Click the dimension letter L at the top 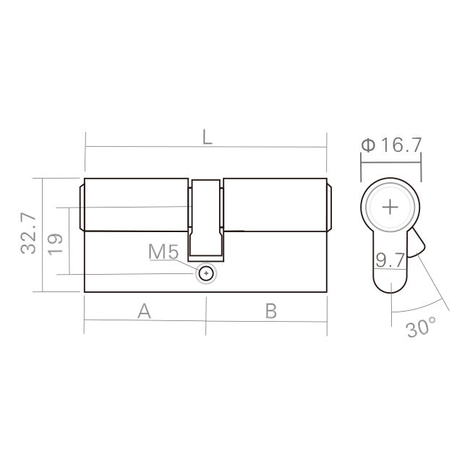[x=208, y=137]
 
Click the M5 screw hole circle [x=208, y=273]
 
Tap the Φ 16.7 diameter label [x=390, y=145]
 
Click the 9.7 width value [x=389, y=260]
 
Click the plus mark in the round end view [x=390, y=208]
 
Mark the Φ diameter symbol [x=367, y=145]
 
